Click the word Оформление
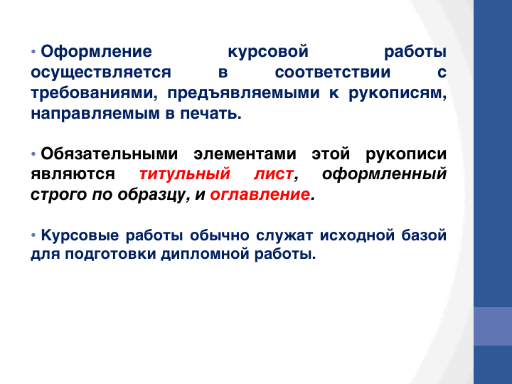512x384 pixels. coord(96,52)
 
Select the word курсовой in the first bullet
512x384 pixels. coord(268,52)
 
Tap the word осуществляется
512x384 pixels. coord(101,73)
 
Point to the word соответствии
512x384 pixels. coord(333,72)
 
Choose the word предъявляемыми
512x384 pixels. coord(244,93)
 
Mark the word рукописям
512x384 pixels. coord(398,94)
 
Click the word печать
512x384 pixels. coord(210,114)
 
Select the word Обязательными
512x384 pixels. coord(110,154)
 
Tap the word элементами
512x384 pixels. coord(245,154)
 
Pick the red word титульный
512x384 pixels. coord(185,174)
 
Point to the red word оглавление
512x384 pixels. coord(260,195)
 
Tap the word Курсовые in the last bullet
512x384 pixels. coord(80,235)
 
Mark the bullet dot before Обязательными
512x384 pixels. coord(33,154)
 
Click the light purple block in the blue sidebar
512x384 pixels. coord(493,326)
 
